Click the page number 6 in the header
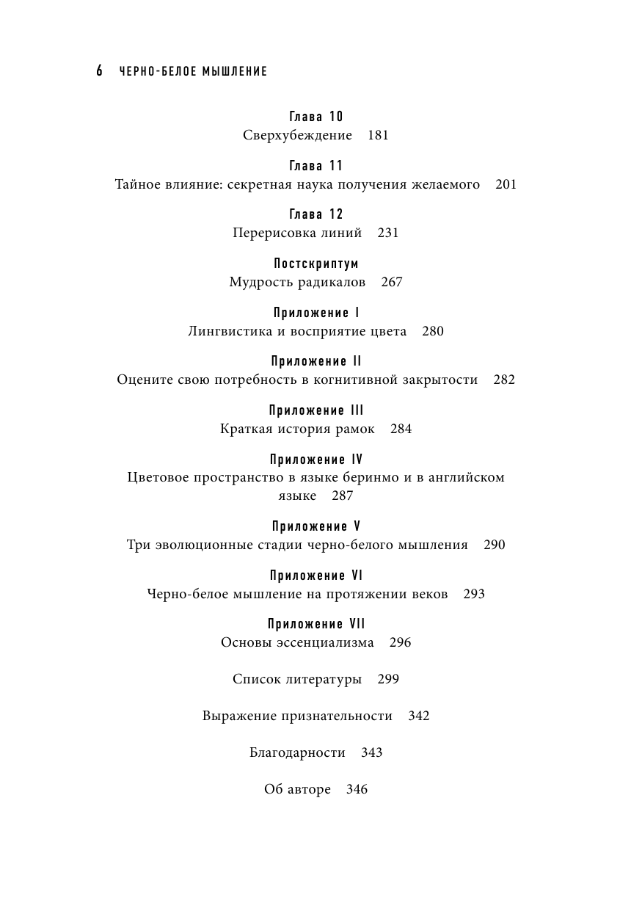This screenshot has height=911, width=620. [x=99, y=71]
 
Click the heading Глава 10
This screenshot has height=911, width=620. [x=316, y=117]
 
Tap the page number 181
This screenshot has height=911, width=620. [x=377, y=135]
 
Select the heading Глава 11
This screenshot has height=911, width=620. [x=316, y=166]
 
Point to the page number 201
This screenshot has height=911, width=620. [x=506, y=184]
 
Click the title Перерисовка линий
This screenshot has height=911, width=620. [x=297, y=233]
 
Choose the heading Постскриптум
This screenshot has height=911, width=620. [x=316, y=264]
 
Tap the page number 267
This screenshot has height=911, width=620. [x=392, y=282]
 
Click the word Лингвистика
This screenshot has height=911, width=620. [x=221, y=331]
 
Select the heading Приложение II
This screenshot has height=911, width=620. [x=316, y=361]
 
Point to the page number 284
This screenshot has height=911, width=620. [x=401, y=429]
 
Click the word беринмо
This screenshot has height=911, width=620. [x=395, y=477]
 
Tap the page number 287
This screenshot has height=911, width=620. [x=342, y=496]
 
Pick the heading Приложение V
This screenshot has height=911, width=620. [x=316, y=526]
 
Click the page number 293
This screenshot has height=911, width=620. [x=474, y=594]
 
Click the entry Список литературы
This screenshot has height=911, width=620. [x=297, y=679]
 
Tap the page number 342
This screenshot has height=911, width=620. [x=418, y=716]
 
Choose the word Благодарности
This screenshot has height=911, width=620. [x=297, y=752]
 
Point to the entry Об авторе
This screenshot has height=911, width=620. [x=297, y=790]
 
